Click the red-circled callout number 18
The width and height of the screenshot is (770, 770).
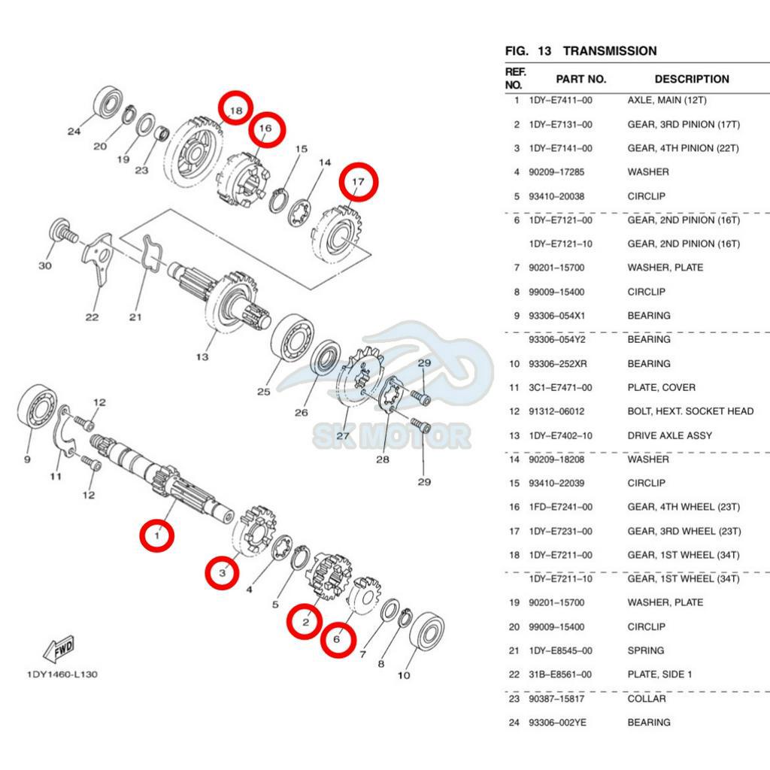click(x=235, y=111)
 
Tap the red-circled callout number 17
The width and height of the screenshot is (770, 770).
click(x=359, y=181)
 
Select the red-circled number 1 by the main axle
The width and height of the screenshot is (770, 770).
click(x=157, y=536)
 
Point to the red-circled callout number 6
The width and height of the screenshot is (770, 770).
click(x=338, y=639)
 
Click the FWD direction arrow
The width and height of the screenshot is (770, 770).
click(x=59, y=647)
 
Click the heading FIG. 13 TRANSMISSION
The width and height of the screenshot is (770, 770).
click(x=581, y=51)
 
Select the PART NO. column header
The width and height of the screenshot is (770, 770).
click(x=581, y=79)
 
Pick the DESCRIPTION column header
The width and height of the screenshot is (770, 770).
click(x=691, y=79)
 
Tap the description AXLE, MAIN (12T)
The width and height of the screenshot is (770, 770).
click(x=667, y=100)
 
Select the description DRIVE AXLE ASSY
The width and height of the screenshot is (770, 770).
click(x=669, y=435)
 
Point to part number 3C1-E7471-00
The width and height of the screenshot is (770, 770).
click(x=560, y=387)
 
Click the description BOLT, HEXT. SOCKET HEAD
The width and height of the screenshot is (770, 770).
click(x=690, y=411)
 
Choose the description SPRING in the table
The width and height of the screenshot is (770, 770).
click(x=645, y=650)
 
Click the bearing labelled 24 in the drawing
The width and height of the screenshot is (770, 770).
click(x=108, y=102)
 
